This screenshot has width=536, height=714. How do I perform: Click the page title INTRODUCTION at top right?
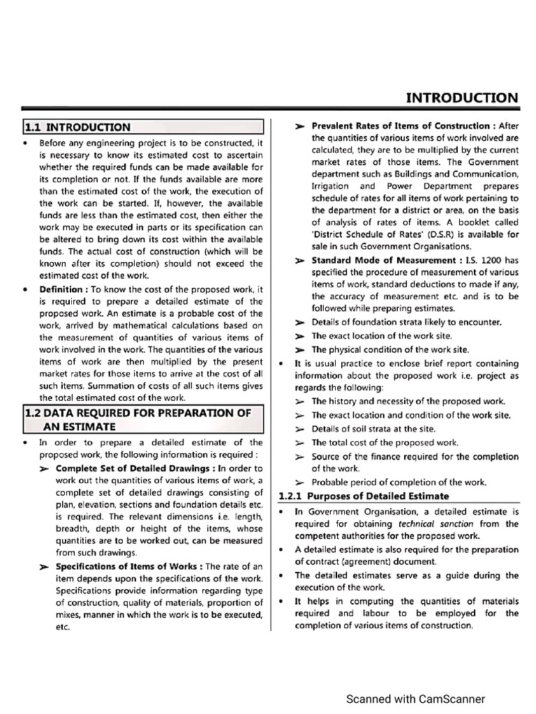point(462,98)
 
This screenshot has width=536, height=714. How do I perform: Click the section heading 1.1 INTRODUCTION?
point(77,127)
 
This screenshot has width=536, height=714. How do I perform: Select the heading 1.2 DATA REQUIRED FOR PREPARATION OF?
point(137,413)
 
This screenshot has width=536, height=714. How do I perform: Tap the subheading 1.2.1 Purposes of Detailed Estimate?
point(364,496)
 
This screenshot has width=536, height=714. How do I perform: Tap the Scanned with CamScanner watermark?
point(416,699)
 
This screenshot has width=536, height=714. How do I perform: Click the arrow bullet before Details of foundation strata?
point(299,323)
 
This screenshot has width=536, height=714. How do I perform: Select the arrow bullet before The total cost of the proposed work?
point(299,443)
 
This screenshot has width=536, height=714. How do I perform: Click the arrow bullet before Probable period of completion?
point(299,483)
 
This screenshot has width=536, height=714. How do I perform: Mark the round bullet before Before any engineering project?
point(26,143)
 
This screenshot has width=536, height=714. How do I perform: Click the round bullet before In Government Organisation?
point(281,511)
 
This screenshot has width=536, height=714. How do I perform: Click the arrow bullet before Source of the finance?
point(299,457)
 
